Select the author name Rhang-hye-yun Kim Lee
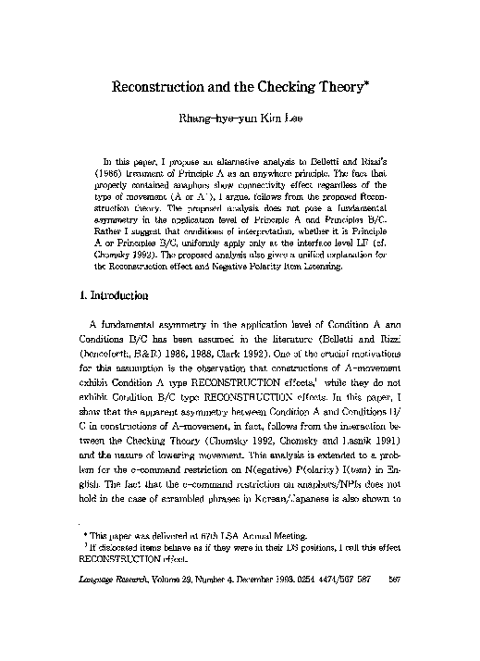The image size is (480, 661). coord(240,119)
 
